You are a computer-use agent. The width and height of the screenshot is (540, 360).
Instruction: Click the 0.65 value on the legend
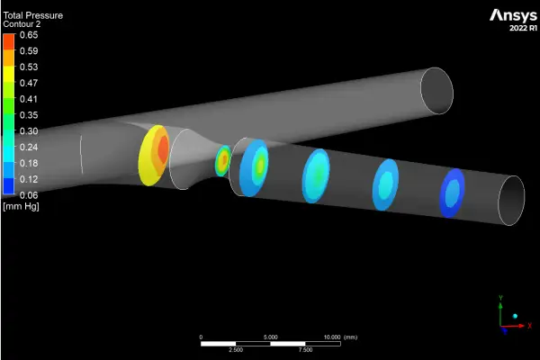point(29,35)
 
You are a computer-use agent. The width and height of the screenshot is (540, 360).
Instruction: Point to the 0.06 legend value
point(29,195)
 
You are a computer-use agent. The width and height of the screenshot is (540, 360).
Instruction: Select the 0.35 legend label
point(29,115)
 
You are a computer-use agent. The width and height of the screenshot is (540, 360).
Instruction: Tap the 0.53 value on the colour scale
point(29,67)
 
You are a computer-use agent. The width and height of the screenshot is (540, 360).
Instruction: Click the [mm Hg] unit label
point(21,207)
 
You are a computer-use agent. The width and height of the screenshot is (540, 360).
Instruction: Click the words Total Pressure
point(33,15)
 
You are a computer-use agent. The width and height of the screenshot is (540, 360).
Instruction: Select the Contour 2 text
point(22,24)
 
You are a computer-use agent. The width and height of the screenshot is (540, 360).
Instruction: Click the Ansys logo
point(513,16)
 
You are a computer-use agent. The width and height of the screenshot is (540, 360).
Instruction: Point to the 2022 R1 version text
point(523,28)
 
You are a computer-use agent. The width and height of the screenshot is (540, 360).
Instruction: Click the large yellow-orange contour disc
point(154,156)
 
